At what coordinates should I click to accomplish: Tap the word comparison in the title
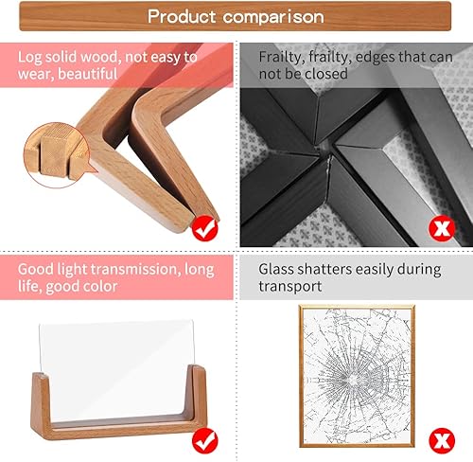[274, 17]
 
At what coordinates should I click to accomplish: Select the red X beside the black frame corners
[438, 227]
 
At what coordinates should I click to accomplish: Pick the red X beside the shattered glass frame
[438, 437]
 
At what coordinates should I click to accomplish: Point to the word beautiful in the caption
[87, 74]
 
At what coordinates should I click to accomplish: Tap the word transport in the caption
[290, 286]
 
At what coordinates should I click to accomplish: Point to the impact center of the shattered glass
[349, 370]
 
